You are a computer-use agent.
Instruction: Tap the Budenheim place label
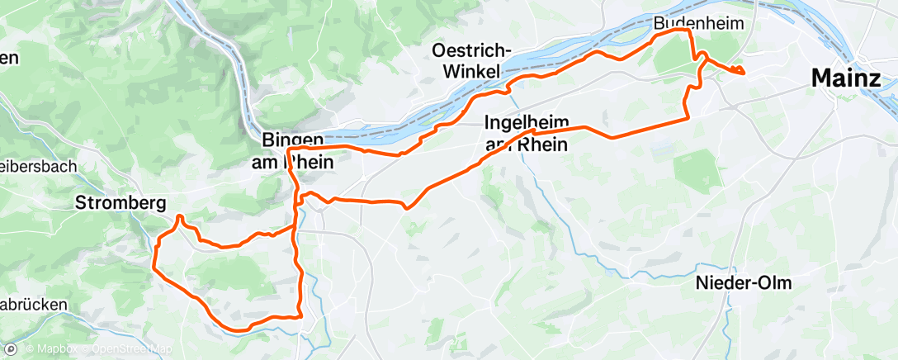click(695, 24)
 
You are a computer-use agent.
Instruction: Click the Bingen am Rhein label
click(292, 151)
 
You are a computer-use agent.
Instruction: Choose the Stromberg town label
click(121, 202)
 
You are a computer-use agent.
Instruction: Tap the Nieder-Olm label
click(744, 283)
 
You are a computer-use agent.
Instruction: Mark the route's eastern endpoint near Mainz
click(744, 72)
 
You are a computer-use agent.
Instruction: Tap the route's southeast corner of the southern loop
click(302, 315)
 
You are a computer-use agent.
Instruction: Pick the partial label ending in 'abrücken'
click(33, 305)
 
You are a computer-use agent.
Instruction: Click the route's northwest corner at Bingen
click(288, 149)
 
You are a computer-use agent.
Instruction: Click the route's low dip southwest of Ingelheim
click(406, 208)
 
